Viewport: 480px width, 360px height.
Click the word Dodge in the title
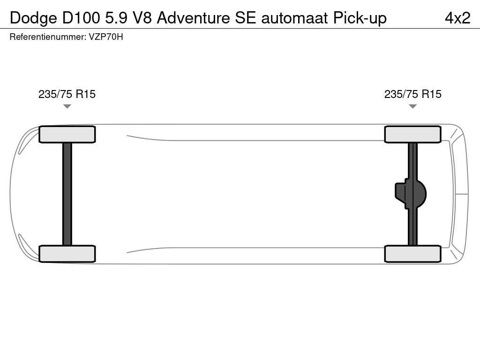click(x=33, y=18)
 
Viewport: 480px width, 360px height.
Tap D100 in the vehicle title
click(x=81, y=18)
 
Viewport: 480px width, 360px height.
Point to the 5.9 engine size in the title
click(x=116, y=18)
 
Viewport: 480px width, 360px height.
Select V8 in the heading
click(x=142, y=18)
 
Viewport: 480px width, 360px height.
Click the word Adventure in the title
click(x=194, y=18)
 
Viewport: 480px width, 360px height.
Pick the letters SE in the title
click(x=245, y=18)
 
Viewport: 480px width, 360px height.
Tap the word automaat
click(x=294, y=18)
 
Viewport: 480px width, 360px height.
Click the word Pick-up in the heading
click(x=360, y=18)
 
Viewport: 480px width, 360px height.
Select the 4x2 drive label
click(x=457, y=18)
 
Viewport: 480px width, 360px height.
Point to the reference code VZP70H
click(x=106, y=37)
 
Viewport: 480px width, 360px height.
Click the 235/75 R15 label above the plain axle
click(x=67, y=94)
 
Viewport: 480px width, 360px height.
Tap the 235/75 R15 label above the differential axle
click(x=413, y=94)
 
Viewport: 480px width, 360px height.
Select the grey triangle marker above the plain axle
click(x=67, y=106)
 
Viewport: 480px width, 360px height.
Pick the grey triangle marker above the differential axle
click(x=413, y=106)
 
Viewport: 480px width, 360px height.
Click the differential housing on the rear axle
click(x=411, y=194)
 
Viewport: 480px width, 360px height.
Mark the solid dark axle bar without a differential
click(x=67, y=194)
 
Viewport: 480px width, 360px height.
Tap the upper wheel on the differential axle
click(x=413, y=135)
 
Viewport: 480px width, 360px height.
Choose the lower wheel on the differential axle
click(x=413, y=254)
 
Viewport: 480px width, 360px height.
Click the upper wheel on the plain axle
click(x=67, y=135)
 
